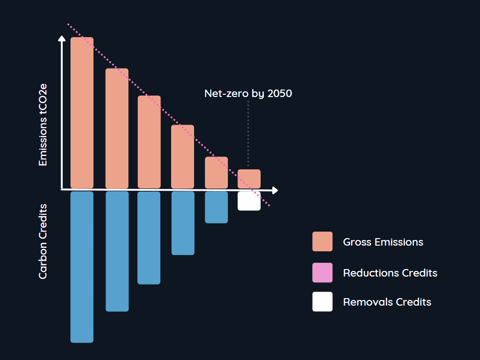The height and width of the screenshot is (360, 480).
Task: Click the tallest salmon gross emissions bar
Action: (82, 112)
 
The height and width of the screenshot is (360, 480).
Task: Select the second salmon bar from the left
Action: (117, 128)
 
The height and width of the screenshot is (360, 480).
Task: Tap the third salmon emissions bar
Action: (149, 142)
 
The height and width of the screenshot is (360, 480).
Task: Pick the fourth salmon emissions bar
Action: (182, 157)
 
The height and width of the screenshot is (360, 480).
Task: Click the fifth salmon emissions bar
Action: (216, 172)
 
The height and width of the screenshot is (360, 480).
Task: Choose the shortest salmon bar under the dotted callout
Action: (249, 179)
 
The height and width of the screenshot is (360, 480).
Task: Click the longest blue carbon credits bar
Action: (82, 267)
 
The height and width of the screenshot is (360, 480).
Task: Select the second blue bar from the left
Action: (117, 251)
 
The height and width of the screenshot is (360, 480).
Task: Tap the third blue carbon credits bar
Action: (149, 238)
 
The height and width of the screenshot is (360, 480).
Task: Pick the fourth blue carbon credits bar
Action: (183, 223)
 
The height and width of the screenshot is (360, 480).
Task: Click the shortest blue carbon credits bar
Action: (216, 207)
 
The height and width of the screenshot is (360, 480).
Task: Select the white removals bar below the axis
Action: (249, 201)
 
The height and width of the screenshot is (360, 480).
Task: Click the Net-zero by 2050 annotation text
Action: (248, 94)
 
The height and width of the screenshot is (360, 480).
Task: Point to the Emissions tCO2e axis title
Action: (43, 125)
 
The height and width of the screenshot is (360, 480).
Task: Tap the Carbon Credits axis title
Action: (43, 241)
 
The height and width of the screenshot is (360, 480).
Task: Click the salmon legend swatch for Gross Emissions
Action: (322, 242)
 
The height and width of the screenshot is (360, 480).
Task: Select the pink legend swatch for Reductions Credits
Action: (322, 273)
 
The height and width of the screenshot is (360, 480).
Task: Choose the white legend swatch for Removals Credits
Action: (322, 302)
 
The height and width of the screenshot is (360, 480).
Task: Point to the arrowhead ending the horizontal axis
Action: (275, 190)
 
